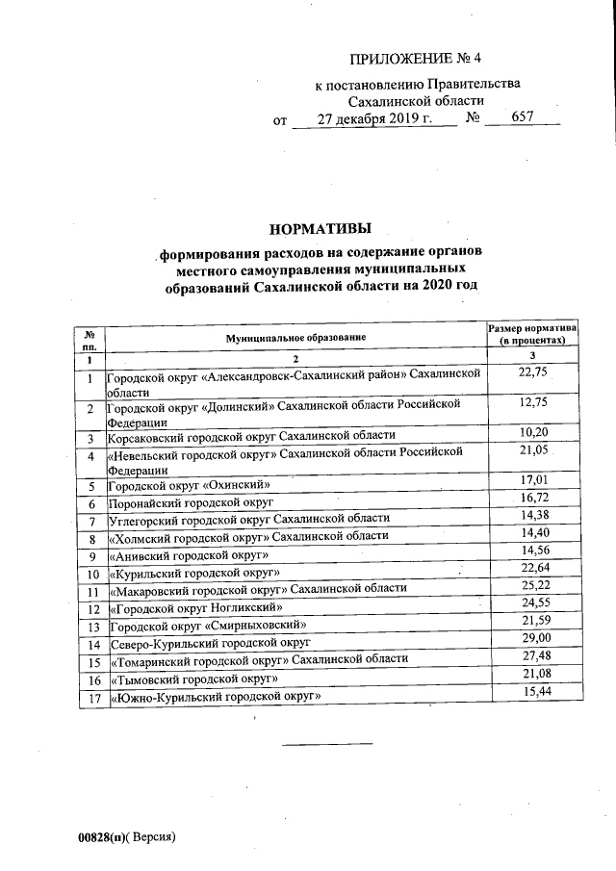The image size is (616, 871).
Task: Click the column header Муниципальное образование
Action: click(296, 339)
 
